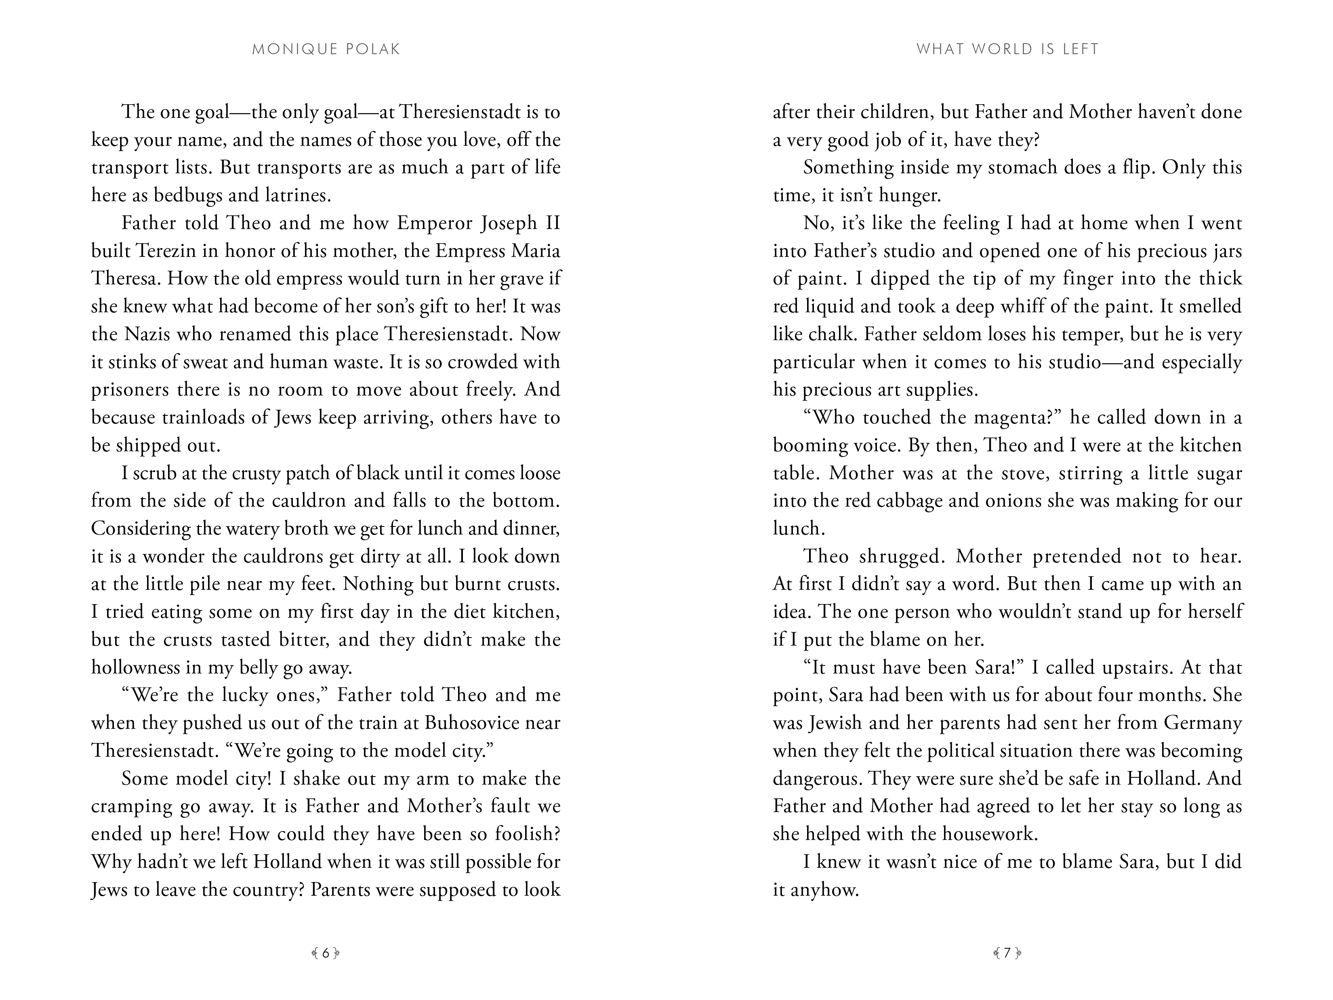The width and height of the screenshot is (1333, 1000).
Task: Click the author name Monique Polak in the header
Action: pos(326,49)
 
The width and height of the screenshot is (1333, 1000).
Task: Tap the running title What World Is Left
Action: pos(1007,49)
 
